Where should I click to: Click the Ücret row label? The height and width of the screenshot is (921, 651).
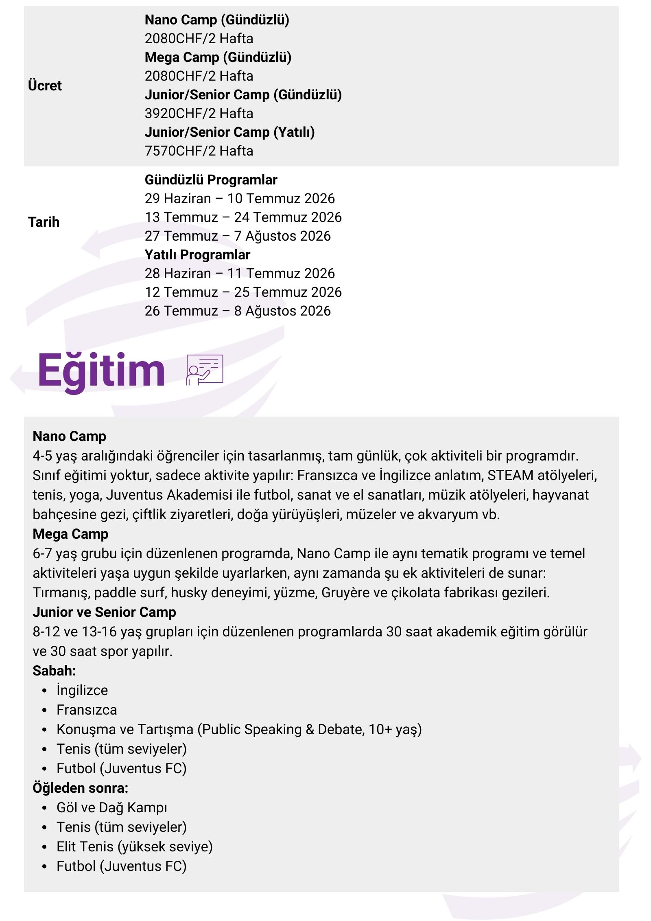coord(45,86)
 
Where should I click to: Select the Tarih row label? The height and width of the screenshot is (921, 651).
coord(44,222)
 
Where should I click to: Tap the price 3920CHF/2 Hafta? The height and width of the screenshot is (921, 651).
coord(199,113)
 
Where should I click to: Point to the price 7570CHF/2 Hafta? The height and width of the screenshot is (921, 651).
coord(199,151)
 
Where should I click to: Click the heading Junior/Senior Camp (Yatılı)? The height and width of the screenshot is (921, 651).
coord(229,132)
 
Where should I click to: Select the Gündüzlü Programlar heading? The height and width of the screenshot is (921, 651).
coord(211,180)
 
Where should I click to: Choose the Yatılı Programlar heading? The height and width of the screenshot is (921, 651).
coord(197,254)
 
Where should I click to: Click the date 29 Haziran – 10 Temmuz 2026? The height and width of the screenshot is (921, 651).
coord(240,198)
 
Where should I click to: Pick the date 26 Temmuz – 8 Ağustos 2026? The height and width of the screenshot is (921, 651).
coord(238,311)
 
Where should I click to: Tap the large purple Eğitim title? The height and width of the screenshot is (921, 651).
coord(101,371)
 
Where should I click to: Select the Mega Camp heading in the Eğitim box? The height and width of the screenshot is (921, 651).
coord(70,534)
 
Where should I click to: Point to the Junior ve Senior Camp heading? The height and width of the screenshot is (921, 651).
coord(104,612)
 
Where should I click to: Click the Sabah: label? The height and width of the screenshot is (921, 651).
coord(54,671)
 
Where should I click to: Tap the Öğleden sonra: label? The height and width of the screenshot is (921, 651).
coord(80,788)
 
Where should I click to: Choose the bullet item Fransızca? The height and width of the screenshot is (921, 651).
coord(87,710)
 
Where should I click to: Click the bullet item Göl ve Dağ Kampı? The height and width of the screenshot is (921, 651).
coord(112,807)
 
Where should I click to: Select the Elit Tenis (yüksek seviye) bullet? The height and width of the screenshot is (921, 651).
coord(134,846)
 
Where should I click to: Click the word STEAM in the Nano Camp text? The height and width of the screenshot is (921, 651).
coord(510,475)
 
